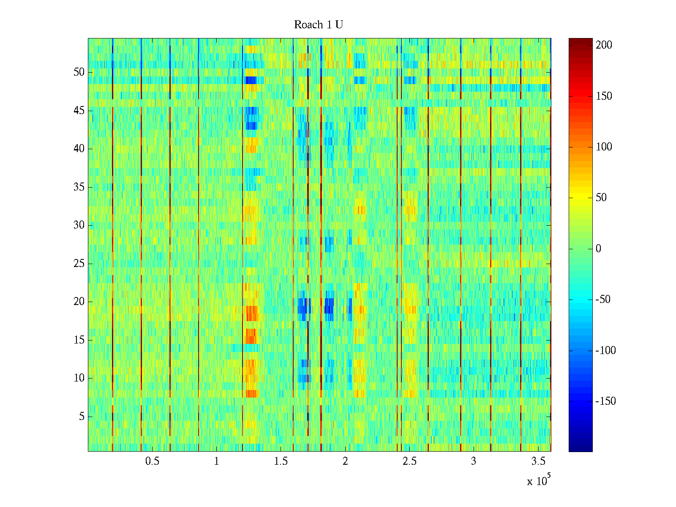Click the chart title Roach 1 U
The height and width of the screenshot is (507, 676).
point(318,25)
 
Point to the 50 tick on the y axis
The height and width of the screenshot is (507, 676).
point(79,72)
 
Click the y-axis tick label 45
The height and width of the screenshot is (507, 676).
point(79,111)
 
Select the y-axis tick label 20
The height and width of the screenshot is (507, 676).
point(79,302)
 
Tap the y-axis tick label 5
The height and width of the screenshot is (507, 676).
point(82,417)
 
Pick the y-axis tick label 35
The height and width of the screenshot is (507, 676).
point(79,187)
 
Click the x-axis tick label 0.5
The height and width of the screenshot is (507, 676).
point(152,461)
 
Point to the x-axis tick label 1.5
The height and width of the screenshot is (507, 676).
point(281,461)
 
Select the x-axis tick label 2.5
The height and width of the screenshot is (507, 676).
point(409,461)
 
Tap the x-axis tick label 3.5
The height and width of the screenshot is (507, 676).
point(537,461)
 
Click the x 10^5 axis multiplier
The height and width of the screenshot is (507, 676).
point(539,481)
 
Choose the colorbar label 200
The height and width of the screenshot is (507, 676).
point(604,45)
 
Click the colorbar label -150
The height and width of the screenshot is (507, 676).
point(605,401)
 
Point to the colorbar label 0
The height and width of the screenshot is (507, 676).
point(598,249)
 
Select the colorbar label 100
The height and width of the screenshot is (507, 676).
point(604,147)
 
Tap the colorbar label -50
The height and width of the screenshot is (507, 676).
point(603,300)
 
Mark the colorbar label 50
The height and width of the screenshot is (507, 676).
point(601,198)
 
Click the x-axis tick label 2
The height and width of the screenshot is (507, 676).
point(345,461)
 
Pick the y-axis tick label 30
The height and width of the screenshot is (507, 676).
point(79,225)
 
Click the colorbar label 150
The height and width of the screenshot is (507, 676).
point(604,96)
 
